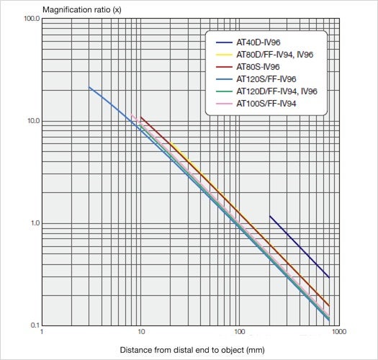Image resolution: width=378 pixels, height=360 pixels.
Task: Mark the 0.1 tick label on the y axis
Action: click(x=32, y=325)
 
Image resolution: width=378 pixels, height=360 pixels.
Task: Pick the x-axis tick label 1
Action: click(x=42, y=333)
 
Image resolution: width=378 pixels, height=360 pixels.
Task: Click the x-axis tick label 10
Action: click(x=141, y=333)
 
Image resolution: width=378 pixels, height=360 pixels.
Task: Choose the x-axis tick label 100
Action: click(x=239, y=333)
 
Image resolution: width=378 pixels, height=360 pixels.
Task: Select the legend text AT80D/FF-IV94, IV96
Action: click(x=275, y=54)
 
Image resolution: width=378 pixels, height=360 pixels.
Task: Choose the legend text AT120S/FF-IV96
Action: click(x=266, y=78)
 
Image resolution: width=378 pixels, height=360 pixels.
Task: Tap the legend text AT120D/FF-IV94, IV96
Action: click(x=277, y=91)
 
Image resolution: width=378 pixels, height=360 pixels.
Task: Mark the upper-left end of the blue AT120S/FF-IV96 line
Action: click(x=89, y=88)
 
